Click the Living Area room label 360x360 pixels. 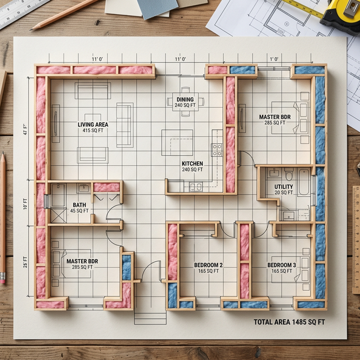click(93, 124)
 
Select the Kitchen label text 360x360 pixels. click(192, 164)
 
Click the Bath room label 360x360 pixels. click(79, 205)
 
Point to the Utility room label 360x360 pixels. click(283, 186)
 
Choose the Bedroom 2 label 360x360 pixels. click(208, 265)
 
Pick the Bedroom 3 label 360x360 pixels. click(281, 265)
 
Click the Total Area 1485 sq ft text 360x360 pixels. click(289, 322)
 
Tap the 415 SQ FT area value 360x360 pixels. click(93, 130)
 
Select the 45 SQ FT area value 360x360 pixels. click(79, 211)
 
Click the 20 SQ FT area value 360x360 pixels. click(283, 192)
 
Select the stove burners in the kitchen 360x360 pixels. click(217, 150)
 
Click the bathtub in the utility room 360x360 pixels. click(304, 183)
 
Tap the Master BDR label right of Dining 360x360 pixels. click(274, 116)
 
